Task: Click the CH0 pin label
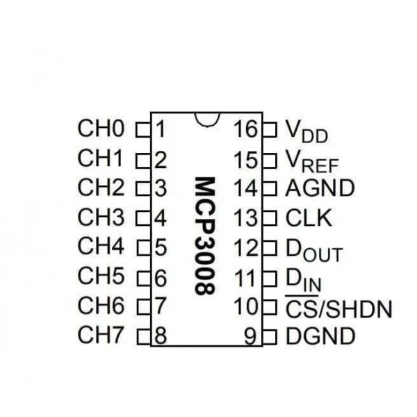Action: [101, 129]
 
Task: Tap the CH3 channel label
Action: [101, 217]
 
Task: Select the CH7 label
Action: [101, 334]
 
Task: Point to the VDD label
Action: [306, 131]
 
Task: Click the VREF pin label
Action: [311, 161]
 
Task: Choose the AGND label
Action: [320, 188]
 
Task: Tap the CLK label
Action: [309, 218]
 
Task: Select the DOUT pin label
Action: [314, 250]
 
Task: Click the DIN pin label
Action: [304, 280]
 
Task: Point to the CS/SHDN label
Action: [339, 309]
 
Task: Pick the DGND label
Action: [320, 336]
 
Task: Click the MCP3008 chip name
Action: [204, 236]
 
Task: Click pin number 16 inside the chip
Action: [246, 129]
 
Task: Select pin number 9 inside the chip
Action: [250, 336]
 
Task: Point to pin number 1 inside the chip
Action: [160, 129]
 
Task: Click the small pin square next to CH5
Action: [144, 279]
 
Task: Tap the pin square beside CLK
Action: [270, 218]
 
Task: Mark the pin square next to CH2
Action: [143, 188]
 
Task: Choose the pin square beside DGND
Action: [270, 336]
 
